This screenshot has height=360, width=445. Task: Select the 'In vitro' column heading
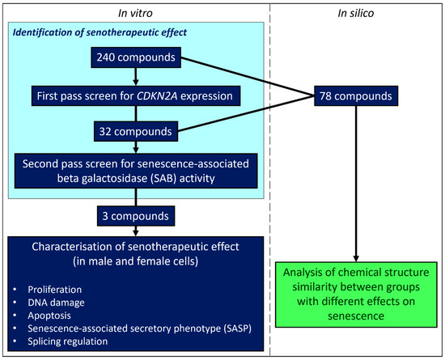click(136, 11)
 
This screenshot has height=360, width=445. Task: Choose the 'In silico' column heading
click(357, 11)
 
